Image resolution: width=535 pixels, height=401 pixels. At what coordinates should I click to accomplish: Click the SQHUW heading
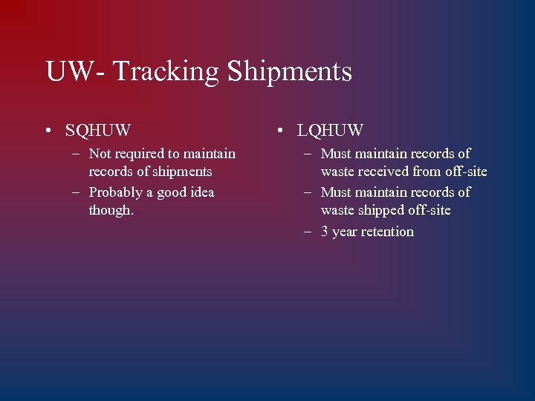tap(98, 131)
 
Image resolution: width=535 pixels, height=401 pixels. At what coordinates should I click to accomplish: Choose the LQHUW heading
tap(330, 131)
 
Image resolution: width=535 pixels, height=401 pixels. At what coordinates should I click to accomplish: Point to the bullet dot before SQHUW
tap(48, 131)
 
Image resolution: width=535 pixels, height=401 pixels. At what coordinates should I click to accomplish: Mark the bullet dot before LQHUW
tap(280, 131)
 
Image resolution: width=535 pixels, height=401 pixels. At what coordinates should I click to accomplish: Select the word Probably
tap(114, 192)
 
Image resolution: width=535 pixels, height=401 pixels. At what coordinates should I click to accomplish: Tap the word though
tap(111, 210)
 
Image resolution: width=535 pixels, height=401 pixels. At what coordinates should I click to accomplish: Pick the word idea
tap(201, 192)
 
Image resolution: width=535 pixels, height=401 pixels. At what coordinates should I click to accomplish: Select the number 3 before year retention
tap(325, 232)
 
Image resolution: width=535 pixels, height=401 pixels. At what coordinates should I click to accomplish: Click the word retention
tap(388, 232)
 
